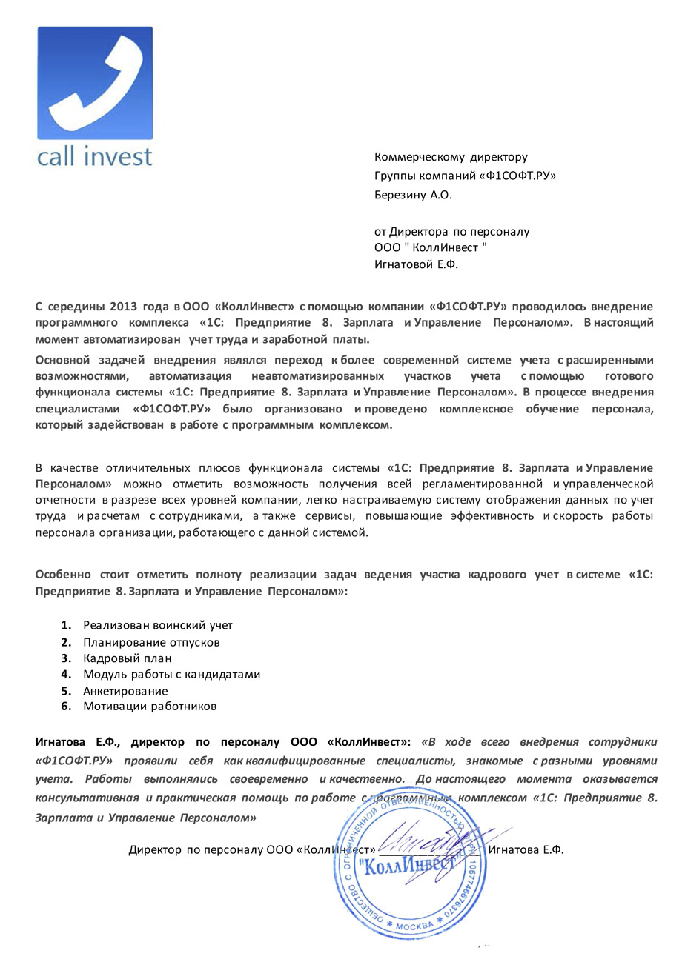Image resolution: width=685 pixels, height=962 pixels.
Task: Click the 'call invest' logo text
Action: [x=94, y=156]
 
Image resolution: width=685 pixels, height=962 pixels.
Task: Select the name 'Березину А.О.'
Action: [x=413, y=196]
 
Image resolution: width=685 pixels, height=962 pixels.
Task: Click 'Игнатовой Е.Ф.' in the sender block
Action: [x=417, y=264]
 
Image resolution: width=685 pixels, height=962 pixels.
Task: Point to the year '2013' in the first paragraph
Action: [x=123, y=306]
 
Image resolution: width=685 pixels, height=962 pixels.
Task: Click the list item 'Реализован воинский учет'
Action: [x=158, y=626]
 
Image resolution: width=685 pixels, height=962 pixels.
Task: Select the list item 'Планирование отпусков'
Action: [x=151, y=642]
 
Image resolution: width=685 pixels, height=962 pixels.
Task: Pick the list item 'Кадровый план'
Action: [x=128, y=658]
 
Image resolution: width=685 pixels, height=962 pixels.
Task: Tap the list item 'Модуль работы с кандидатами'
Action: [x=171, y=674]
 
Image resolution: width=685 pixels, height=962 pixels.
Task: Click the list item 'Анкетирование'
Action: [x=125, y=691]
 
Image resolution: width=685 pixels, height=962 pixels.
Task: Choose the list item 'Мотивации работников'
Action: [x=150, y=707]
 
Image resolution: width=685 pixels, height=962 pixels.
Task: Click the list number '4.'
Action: [x=66, y=674]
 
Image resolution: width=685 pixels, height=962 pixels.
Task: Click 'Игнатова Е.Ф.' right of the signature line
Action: [x=526, y=850]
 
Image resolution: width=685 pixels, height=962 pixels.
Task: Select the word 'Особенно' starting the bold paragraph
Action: [x=63, y=575]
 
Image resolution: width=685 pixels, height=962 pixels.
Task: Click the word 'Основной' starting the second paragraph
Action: [x=63, y=360]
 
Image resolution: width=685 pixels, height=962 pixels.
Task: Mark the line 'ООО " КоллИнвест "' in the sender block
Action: [x=431, y=247]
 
